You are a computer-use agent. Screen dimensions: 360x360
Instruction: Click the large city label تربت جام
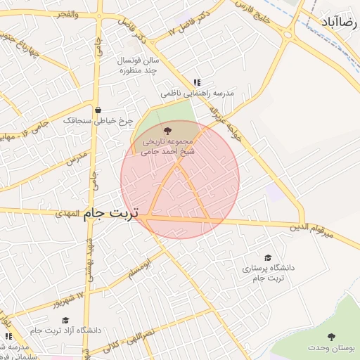pyautogui.click(x=111, y=212)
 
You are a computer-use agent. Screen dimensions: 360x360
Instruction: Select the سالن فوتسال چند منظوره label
pyautogui.click(x=141, y=65)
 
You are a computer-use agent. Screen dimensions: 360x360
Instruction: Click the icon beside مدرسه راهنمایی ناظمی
pyautogui.click(x=197, y=82)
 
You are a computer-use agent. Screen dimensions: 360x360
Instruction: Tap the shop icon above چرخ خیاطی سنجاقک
pyautogui.click(x=97, y=110)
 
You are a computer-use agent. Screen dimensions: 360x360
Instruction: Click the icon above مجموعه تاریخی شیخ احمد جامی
pyautogui.click(x=167, y=130)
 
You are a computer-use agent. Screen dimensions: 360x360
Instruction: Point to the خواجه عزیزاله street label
pyautogui.click(x=224, y=122)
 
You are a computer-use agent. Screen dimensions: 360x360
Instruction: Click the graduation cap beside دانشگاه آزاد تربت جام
pyautogui.click(x=65, y=320)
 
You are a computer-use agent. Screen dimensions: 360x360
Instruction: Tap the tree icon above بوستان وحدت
pyautogui.click(x=332, y=337)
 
